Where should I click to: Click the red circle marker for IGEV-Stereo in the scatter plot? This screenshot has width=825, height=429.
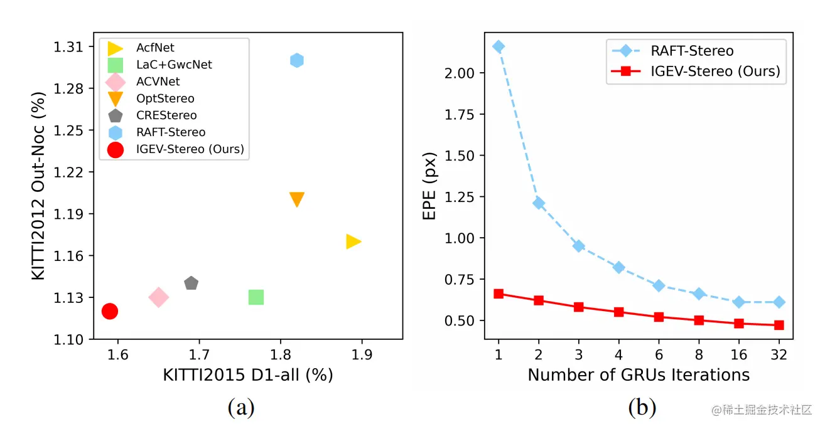click(110, 311)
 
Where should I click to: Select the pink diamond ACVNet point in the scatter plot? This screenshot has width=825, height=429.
click(158, 297)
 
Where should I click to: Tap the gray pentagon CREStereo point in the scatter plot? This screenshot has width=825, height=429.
click(191, 283)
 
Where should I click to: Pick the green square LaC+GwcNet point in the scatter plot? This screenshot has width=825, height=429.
click(256, 297)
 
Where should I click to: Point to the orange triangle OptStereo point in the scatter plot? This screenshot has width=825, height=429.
click(297, 199)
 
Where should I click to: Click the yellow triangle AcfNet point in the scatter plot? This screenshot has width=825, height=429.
click(353, 241)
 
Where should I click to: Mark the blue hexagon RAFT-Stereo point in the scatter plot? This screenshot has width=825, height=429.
click(297, 60)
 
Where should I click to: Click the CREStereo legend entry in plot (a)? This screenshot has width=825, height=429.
click(166, 115)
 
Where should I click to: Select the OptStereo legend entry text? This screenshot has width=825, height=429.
click(165, 98)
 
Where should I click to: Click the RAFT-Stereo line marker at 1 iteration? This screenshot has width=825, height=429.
click(499, 46)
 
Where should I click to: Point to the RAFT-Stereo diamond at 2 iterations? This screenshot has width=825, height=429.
click(539, 203)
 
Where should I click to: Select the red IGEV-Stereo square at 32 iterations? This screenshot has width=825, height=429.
click(779, 325)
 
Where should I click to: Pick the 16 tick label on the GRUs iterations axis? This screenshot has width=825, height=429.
click(738, 354)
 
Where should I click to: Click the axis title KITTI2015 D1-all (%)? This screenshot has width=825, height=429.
click(248, 375)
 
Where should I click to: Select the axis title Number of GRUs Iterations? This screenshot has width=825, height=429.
click(639, 375)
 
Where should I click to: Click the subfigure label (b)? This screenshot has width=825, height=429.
click(642, 408)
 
